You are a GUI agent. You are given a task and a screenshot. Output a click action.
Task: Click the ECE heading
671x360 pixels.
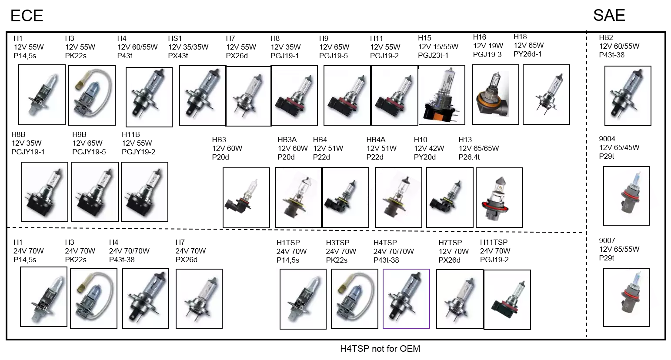click(27, 16)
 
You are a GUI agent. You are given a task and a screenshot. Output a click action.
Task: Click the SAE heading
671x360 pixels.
click(609, 15)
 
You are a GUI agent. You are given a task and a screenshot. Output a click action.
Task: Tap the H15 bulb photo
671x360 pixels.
click(441, 95)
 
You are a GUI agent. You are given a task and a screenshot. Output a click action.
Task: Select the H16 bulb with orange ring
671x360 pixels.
click(495, 95)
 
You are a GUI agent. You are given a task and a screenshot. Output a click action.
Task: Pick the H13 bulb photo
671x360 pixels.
click(499, 198)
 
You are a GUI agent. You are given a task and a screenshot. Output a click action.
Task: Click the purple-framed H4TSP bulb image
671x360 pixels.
click(406, 299)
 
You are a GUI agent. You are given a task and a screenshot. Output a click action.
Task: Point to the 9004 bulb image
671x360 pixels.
click(626, 196)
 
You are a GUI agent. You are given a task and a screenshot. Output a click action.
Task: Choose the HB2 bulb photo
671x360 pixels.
click(628, 96)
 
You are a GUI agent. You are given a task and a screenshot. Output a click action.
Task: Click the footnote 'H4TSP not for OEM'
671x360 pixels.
click(380, 349)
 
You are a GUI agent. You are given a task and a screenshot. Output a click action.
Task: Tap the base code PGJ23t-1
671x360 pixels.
click(433, 55)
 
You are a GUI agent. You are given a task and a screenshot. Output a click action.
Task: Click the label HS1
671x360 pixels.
click(175, 38)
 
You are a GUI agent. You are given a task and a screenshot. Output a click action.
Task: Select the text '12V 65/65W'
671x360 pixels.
click(479, 148)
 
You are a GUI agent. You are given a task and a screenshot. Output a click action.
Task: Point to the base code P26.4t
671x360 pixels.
click(469, 157)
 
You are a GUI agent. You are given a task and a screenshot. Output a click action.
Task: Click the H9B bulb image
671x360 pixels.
click(95, 192)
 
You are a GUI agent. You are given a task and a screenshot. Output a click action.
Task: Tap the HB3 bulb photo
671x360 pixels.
click(246, 198)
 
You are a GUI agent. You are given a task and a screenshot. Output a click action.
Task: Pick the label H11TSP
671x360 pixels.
click(494, 242)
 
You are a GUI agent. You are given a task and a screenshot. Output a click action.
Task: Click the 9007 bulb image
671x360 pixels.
click(626, 297)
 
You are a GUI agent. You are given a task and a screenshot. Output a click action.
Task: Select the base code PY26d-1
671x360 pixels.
click(527, 54)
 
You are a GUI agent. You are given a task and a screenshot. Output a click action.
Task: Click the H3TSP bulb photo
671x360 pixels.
click(355, 299)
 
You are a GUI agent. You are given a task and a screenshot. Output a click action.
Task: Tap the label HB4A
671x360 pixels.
click(376, 140)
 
